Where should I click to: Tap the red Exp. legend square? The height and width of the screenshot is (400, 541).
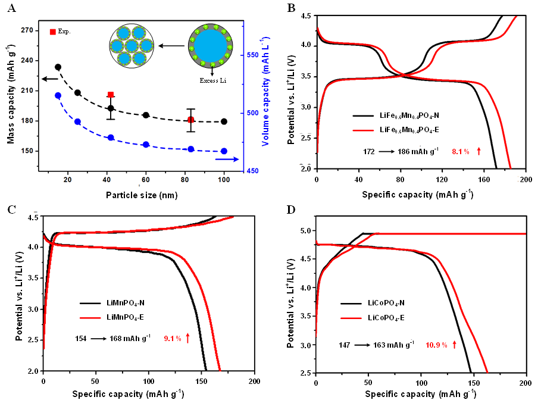point(52,31)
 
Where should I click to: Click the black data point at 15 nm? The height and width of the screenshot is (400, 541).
point(58,67)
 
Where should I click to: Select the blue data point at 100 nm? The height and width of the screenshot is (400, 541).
point(224,151)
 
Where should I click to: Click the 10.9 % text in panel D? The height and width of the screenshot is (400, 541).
point(436,345)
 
